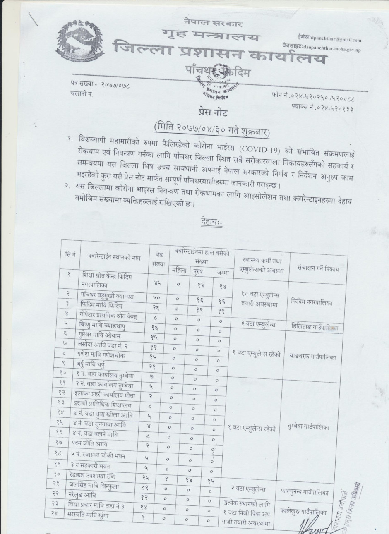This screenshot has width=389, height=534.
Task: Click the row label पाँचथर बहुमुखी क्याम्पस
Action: [107, 297]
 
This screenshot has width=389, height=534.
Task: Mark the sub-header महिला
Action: [179, 271]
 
